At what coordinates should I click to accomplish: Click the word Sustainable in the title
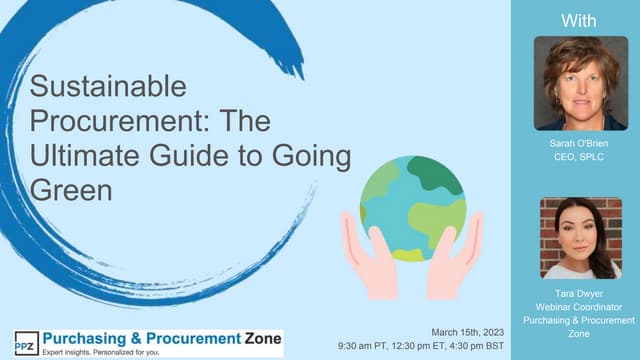pyautogui.click(x=107, y=87)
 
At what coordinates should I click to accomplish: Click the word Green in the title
pyautogui.click(x=70, y=190)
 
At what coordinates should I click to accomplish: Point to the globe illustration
pyautogui.click(x=412, y=206)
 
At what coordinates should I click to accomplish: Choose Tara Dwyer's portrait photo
pyautogui.click(x=580, y=237)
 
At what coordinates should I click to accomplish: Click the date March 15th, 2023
pyautogui.click(x=467, y=331)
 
